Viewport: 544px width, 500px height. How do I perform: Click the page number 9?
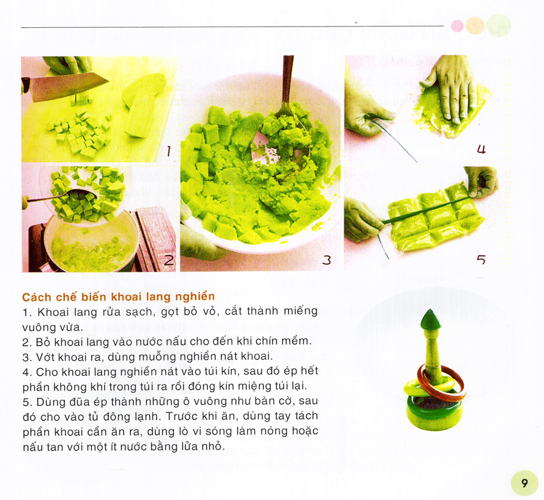coord(524,483)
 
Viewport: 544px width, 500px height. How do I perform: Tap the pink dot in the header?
coord(458,26)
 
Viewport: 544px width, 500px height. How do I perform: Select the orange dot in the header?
coord(475,26)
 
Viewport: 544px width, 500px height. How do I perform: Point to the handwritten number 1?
coord(169,151)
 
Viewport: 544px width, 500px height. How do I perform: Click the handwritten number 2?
coord(169,260)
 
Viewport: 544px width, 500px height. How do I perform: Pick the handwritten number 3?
coord(326,260)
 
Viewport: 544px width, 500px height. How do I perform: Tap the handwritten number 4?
coord(481,149)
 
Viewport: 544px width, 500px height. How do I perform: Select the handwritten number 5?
coord(481,260)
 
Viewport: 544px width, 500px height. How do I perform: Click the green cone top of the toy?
coord(430,319)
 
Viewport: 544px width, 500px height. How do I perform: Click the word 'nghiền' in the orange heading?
coord(195,297)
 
